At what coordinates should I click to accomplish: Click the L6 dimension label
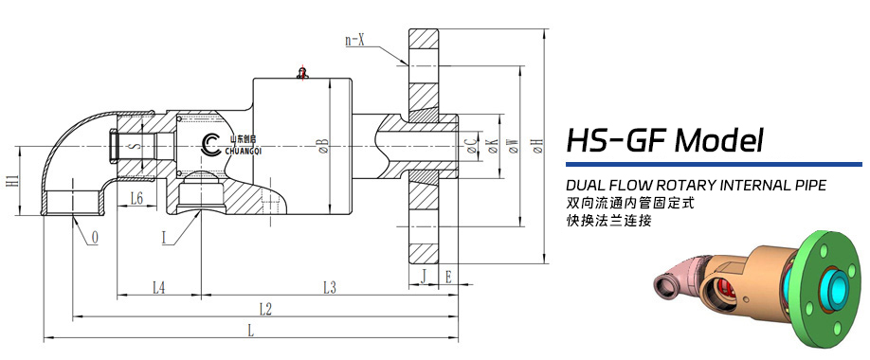tap(137, 197)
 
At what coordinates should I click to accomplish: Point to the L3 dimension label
tap(330, 287)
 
